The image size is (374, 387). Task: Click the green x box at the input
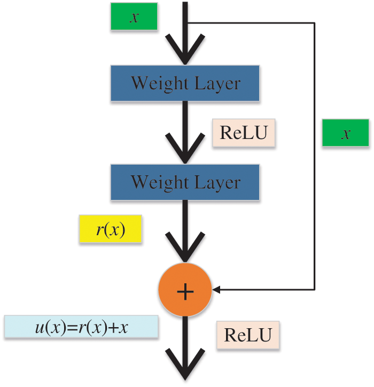tap(135, 17)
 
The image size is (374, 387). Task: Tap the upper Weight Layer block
tap(185, 83)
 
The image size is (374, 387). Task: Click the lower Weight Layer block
tap(185, 182)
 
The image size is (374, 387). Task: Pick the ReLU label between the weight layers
tap(244, 133)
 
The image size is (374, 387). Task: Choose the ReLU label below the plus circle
tap(248, 335)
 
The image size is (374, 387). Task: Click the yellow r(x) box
tap(111, 230)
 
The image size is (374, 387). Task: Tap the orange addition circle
tap(185, 290)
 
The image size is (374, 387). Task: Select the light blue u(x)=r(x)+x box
tap(81, 327)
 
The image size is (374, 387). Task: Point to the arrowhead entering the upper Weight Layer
tap(185, 53)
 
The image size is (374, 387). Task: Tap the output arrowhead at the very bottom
tap(185, 369)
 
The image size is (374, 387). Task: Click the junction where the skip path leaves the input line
tap(186, 23)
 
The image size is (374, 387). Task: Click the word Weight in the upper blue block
tap(155, 83)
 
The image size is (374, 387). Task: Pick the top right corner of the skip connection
tap(315, 23)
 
